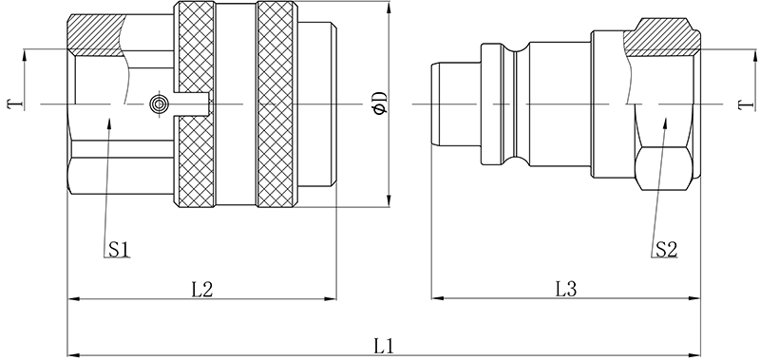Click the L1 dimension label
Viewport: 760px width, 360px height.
pyautogui.click(x=383, y=346)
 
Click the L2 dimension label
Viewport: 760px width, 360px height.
pyautogui.click(x=202, y=290)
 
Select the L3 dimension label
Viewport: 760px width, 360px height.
pyautogui.click(x=565, y=290)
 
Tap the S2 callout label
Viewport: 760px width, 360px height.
pyautogui.click(x=667, y=250)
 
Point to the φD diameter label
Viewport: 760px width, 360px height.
pyautogui.click(x=381, y=103)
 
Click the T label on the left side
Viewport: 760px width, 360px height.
pyautogui.click(x=14, y=104)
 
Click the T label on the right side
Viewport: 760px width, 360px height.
pyautogui.click(x=746, y=104)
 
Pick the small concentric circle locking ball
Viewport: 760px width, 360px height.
pyautogui.click(x=159, y=104)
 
